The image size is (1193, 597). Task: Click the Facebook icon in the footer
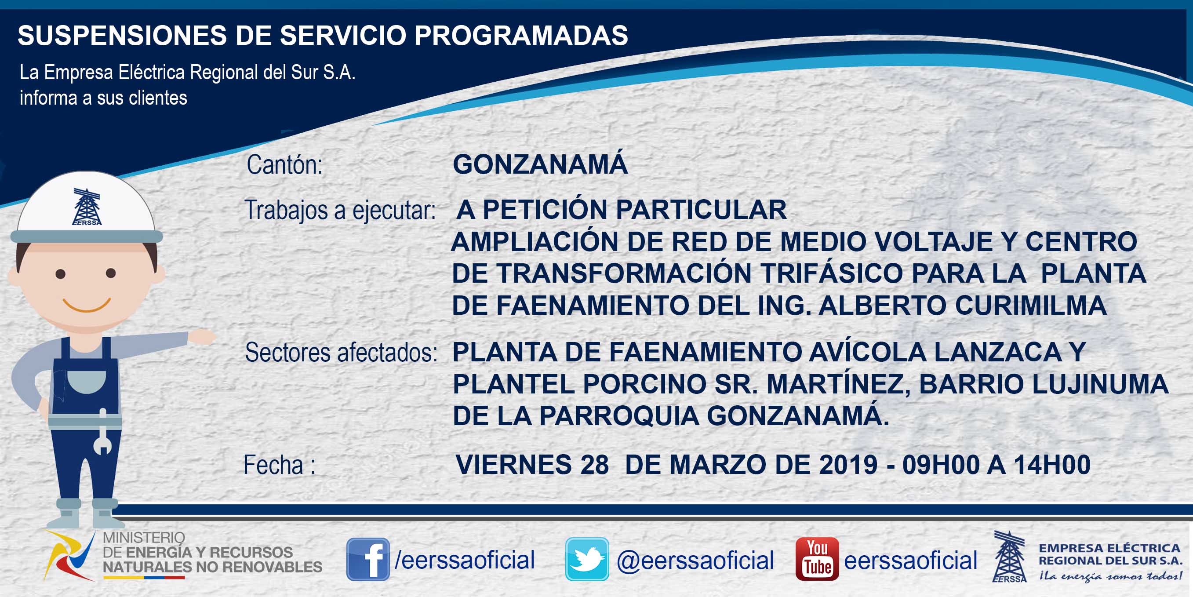[x=368, y=559]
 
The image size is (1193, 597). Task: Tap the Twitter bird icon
[x=587, y=559]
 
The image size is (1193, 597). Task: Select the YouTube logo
[x=817, y=559]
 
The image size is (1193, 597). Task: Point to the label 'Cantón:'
[x=284, y=165]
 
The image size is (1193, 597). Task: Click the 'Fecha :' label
[x=280, y=465]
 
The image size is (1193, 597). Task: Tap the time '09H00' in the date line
[x=941, y=465]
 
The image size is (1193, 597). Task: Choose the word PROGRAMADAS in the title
[x=521, y=35]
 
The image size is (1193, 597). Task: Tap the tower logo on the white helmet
[x=87, y=207]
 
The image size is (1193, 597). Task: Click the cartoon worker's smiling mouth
[x=87, y=306]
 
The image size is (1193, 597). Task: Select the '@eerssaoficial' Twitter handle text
[x=695, y=561]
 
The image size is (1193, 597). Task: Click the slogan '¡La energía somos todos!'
[x=1110, y=577]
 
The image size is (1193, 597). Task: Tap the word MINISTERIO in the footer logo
[x=144, y=538]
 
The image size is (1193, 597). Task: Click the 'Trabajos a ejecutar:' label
[x=340, y=210]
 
